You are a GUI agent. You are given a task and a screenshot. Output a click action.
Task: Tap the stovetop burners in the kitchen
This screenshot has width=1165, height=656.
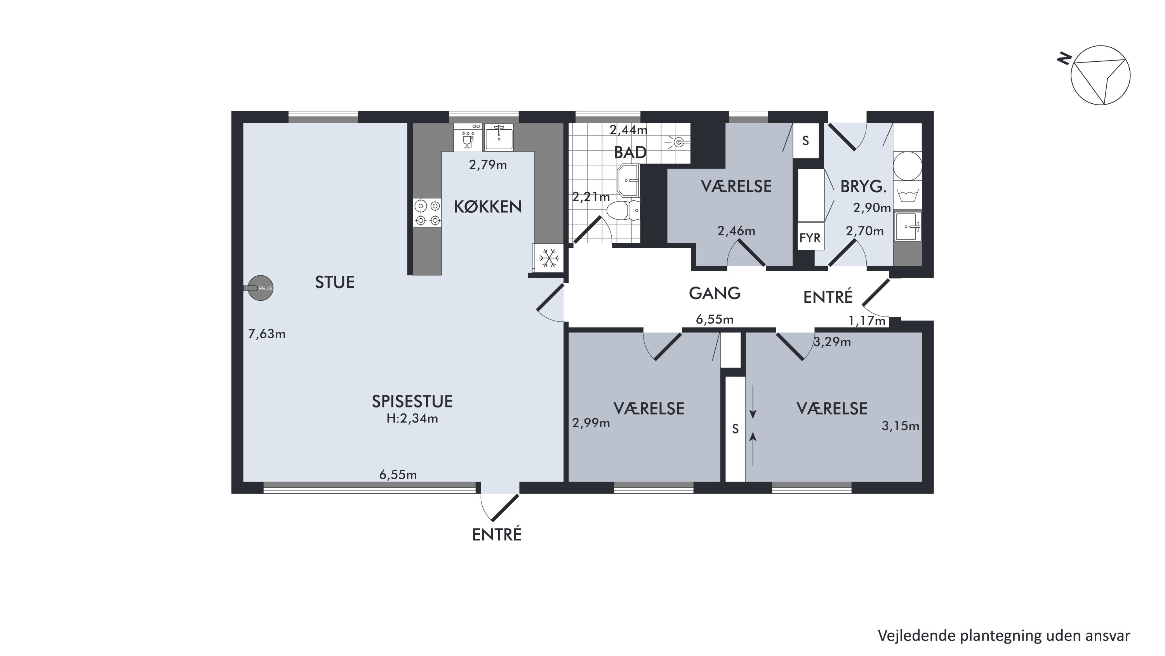click(x=428, y=213)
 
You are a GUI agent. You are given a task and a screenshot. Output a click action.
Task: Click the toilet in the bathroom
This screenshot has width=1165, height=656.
click(x=623, y=211)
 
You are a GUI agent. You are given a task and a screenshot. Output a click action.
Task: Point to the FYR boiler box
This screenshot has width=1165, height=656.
click(x=810, y=237)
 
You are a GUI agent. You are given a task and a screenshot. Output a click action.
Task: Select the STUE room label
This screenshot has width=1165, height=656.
click(x=335, y=282)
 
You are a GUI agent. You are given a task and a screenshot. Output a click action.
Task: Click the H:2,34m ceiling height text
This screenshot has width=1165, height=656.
click(x=412, y=418)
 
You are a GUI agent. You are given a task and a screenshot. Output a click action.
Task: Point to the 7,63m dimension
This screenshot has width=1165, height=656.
click(x=267, y=334)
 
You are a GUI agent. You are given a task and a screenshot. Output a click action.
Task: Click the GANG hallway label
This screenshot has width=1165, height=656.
click(x=715, y=293)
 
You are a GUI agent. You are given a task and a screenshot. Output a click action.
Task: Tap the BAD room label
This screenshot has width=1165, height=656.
click(x=630, y=153)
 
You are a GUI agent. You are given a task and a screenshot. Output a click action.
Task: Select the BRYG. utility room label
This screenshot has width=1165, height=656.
click(x=863, y=186)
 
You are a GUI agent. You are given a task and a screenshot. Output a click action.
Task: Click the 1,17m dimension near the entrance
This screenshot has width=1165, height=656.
click(x=867, y=321)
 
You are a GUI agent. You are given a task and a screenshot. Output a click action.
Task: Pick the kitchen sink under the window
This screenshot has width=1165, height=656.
click(x=499, y=137)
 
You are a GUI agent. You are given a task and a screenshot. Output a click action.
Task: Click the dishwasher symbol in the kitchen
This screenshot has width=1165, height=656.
click(x=468, y=137)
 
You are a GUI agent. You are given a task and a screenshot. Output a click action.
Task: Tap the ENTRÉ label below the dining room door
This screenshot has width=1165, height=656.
click(x=497, y=535)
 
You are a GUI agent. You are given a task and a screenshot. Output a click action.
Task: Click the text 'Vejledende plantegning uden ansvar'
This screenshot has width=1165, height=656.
click(x=1004, y=636)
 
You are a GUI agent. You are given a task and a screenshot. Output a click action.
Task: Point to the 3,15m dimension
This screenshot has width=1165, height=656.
click(x=901, y=426)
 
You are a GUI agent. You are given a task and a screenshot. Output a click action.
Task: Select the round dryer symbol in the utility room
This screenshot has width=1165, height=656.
click(x=908, y=165)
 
